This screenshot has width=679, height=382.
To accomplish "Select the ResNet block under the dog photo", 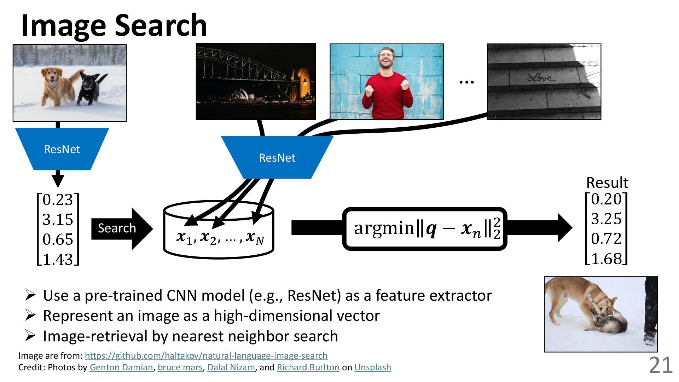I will coord(62,149).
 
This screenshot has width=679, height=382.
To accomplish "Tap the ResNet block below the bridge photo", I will coord(277,158).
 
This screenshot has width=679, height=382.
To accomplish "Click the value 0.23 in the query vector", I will coord(58,200).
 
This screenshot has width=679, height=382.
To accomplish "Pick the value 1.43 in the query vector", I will coord(58,259).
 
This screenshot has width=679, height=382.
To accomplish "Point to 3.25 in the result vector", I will coord(606,219).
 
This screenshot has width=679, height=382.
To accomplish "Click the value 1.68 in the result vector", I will coord(606,259).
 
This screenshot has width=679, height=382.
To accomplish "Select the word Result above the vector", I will coord(607,183).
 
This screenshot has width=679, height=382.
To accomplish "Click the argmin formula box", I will coord(425,228).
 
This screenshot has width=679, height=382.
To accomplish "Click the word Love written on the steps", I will coord(541,77).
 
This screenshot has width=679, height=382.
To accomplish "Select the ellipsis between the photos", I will coord(466,82).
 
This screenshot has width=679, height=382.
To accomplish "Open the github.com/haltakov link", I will coord(206,355).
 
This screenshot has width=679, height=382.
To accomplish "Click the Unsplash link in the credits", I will coord(372,367).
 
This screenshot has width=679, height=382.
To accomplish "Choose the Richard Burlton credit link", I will coord(308,367).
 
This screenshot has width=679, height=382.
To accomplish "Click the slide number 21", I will coord(660,365).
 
